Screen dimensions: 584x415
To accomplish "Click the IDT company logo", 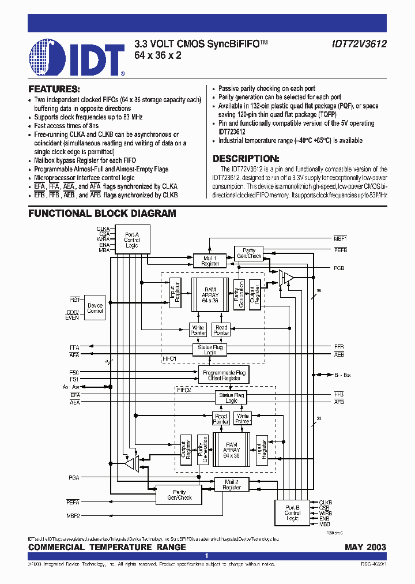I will click(x=77, y=58).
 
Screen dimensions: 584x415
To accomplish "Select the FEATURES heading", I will click(x=54, y=89).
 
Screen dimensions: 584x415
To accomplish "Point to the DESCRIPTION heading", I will click(x=246, y=159).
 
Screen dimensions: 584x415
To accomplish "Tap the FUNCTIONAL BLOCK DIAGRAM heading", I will click(x=102, y=214).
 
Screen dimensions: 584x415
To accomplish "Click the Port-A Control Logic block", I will click(x=132, y=239).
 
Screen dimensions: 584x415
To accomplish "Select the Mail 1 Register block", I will click(x=210, y=261).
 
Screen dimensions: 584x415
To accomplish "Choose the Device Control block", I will click(x=95, y=307).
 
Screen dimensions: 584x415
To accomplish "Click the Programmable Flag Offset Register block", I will click(x=224, y=376).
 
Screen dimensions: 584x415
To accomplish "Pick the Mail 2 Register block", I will click(x=231, y=484).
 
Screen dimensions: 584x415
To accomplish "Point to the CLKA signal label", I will click(x=103, y=229).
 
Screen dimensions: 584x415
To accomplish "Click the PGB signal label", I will click(x=339, y=268).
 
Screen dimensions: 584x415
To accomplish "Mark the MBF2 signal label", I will click(x=73, y=515).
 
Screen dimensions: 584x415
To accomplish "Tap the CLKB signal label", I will click(x=326, y=502).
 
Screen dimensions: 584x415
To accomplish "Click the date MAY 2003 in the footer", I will click(x=365, y=546).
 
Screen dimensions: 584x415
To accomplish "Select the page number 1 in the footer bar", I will click(x=206, y=556).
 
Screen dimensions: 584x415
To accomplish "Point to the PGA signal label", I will click(x=73, y=477).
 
